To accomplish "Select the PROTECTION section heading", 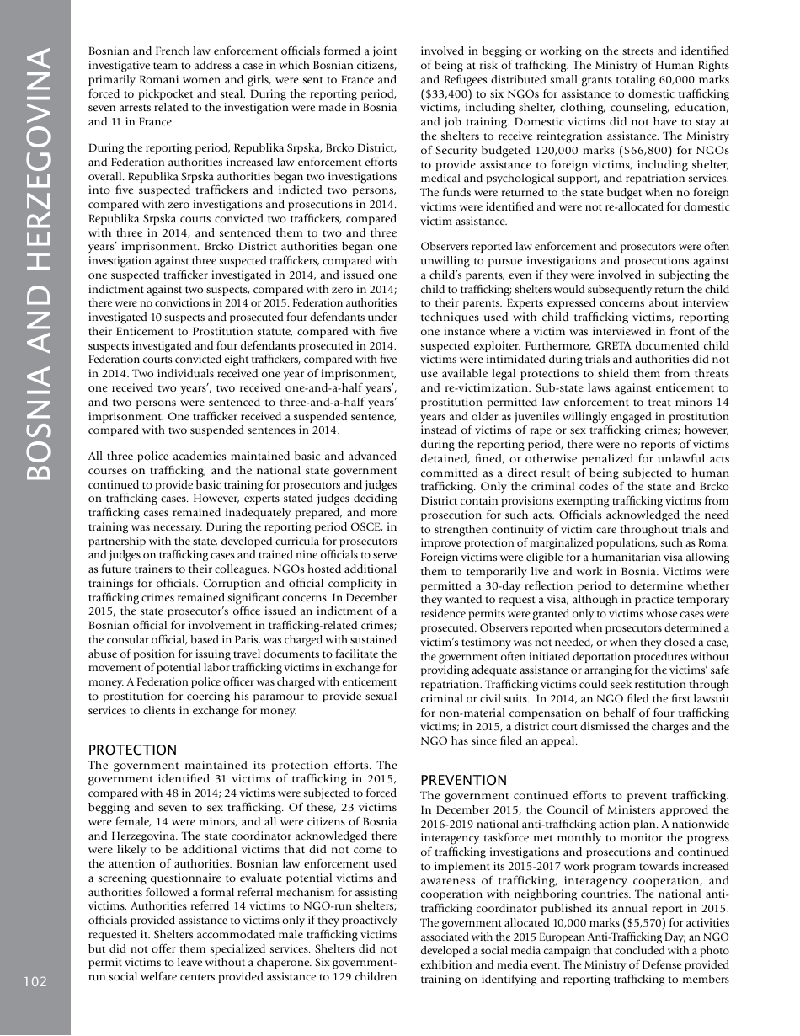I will (132, 750).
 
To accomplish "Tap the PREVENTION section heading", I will (463, 780).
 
